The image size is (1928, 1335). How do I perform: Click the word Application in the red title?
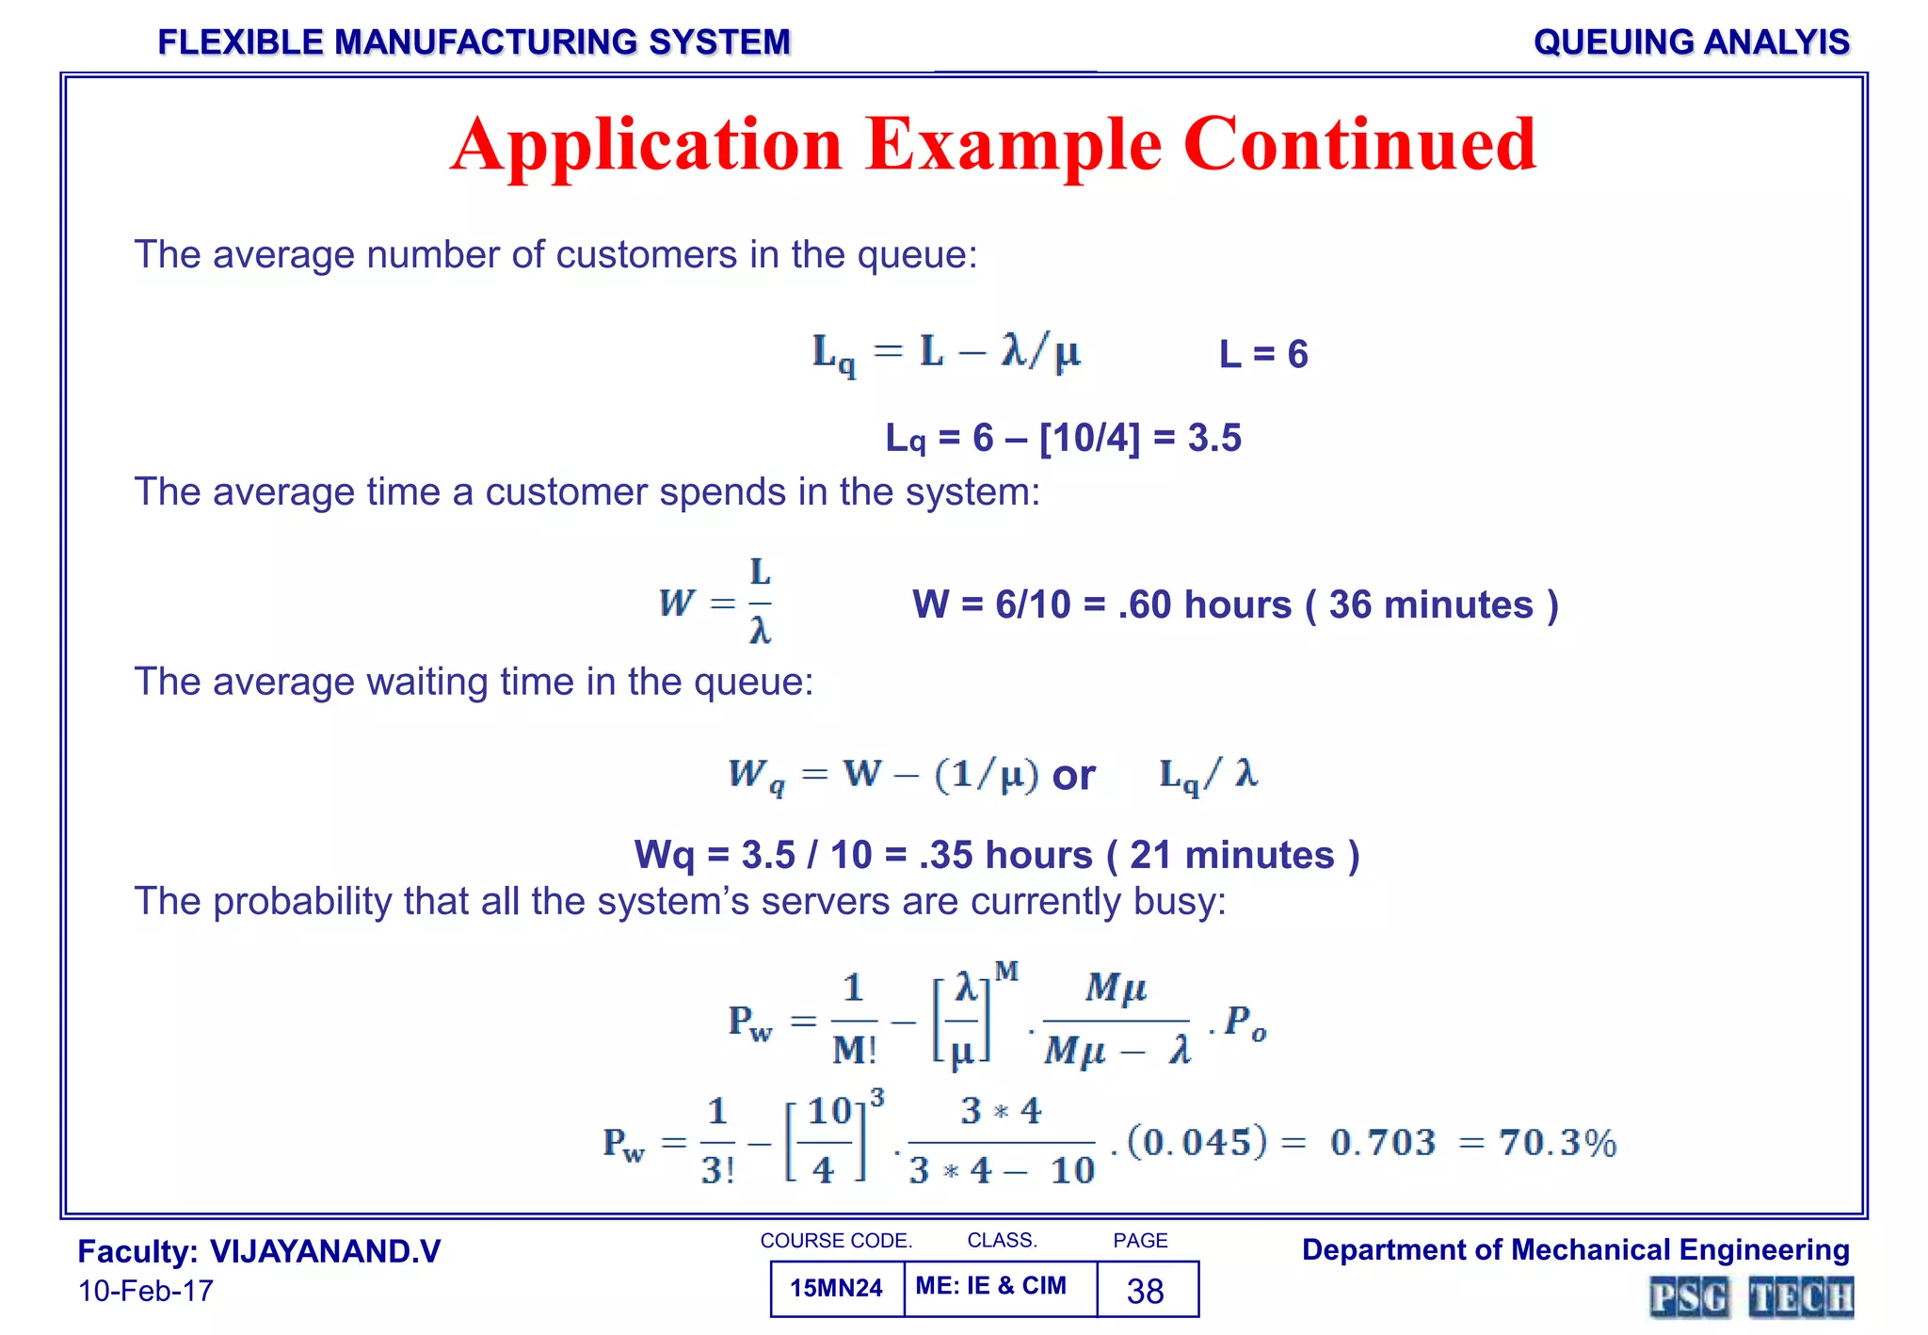[646, 146]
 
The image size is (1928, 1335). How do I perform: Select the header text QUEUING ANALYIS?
[1691, 42]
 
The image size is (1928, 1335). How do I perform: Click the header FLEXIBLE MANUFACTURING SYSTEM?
[474, 42]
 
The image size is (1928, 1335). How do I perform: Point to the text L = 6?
[1263, 355]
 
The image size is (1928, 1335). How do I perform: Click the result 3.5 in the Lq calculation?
[1214, 439]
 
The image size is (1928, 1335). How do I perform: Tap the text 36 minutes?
[1431, 605]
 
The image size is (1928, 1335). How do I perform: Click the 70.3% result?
[1558, 1143]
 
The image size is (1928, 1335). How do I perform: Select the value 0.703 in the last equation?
[1383, 1143]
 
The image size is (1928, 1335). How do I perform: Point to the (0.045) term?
[1197, 1142]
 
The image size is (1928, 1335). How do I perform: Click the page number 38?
[1146, 1291]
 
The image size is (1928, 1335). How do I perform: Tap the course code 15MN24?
[836, 1289]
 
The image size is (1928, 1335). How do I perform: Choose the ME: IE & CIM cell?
[991, 1286]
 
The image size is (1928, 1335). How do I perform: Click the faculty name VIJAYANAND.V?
[325, 1252]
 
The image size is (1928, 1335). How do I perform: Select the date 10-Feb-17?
[146, 1291]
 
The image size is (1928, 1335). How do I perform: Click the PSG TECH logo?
[1751, 1297]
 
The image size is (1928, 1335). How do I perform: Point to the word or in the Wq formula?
[1073, 776]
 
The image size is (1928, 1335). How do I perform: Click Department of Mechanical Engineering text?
[1575, 1250]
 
